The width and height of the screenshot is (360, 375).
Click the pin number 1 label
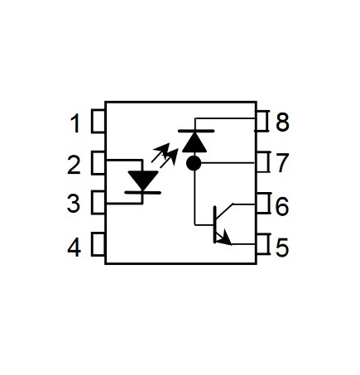click(75, 124)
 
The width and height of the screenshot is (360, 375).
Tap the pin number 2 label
click(74, 165)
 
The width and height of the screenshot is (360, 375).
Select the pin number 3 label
click(74, 204)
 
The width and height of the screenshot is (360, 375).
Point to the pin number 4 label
click(74, 248)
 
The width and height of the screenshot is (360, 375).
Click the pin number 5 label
click(282, 248)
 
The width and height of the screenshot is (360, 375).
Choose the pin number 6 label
click(282, 206)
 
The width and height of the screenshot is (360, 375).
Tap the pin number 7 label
click(282, 163)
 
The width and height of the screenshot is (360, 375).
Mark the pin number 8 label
click(282, 123)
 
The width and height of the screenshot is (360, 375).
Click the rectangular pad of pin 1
click(98, 121)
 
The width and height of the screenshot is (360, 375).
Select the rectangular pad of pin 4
click(98, 244)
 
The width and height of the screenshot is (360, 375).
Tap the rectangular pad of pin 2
click(98, 163)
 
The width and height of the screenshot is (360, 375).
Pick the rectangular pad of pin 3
click(98, 202)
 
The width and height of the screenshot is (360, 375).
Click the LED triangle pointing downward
click(143, 180)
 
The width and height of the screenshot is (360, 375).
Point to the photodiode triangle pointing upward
click(194, 143)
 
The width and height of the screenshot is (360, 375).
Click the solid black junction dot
click(194, 163)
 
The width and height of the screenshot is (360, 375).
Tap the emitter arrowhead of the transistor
click(225, 238)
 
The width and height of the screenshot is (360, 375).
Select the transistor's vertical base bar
click(214, 225)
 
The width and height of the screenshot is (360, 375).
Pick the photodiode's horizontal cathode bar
click(196, 131)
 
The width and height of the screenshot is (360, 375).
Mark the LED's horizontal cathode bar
click(143, 193)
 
